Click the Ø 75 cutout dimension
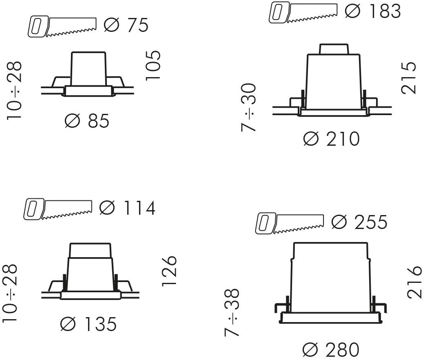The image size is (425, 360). click(126, 25)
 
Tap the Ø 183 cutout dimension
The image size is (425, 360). click(373, 11)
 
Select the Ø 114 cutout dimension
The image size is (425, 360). click(127, 208)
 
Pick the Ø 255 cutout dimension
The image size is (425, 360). click(359, 222)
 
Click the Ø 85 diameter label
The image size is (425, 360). click(87, 121)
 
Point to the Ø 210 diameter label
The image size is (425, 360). click(332, 139)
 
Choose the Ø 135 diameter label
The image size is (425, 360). click(89, 324)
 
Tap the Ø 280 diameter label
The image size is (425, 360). click(331, 350)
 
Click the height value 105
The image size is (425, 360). click(153, 65)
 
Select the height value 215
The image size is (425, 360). click(408, 78)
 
